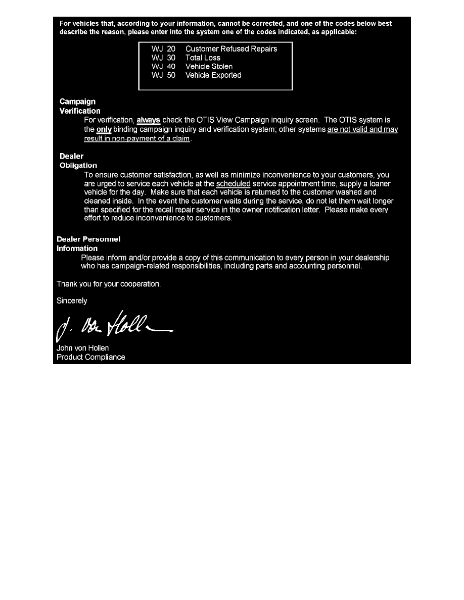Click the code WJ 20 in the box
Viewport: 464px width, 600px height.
click(x=163, y=49)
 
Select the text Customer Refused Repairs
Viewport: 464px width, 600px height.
click(x=231, y=49)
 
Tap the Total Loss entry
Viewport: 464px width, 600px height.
click(x=203, y=58)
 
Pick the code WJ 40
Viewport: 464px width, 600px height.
click(x=163, y=67)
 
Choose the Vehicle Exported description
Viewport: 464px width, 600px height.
click(x=213, y=75)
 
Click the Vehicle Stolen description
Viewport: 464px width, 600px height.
click(x=209, y=67)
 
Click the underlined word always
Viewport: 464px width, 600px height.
click(x=148, y=120)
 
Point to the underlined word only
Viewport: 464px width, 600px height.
click(x=104, y=129)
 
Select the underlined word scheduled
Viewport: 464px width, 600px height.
click(x=233, y=184)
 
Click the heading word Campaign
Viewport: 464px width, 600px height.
click(x=77, y=102)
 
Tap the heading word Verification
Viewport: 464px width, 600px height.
click(x=80, y=111)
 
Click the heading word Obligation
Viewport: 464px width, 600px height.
click(x=78, y=165)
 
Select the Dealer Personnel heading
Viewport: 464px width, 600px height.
click(x=88, y=239)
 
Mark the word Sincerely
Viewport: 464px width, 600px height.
click(x=72, y=301)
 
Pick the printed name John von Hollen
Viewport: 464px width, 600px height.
click(x=82, y=348)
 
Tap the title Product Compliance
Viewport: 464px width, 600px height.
click(x=91, y=357)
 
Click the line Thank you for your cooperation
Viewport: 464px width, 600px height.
click(x=109, y=284)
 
